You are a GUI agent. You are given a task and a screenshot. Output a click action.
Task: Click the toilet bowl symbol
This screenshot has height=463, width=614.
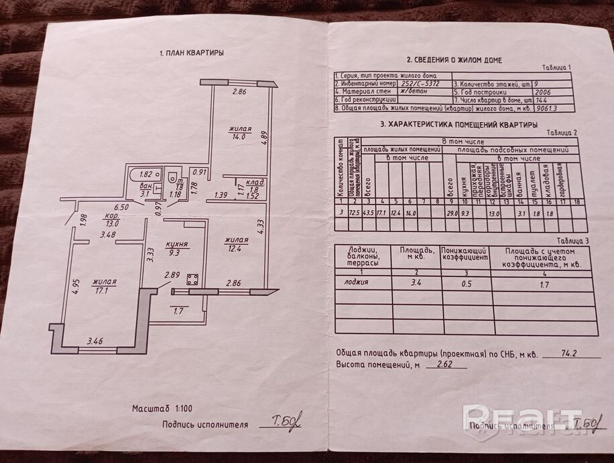coord(173,178)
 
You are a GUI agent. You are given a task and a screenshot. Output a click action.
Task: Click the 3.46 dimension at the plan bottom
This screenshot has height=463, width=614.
coord(96,342)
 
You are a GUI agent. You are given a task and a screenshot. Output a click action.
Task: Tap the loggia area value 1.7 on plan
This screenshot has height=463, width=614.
coord(178,311)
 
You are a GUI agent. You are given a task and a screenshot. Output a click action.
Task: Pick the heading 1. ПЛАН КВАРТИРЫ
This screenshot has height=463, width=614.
coord(192,52)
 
